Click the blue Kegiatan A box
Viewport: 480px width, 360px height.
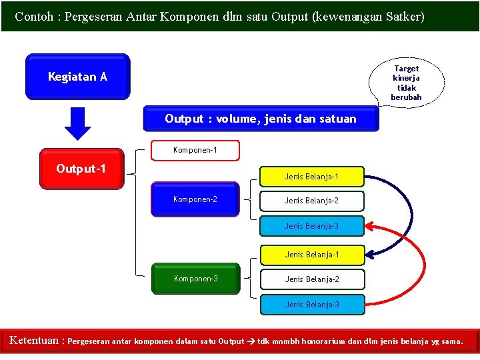click(77, 77)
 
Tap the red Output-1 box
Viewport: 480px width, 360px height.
click(81, 169)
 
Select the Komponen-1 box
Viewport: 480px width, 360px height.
click(195, 150)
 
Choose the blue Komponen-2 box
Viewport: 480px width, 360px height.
click(195, 199)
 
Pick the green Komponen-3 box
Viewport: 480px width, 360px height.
click(195, 279)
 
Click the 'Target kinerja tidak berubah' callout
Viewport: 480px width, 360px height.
click(406, 83)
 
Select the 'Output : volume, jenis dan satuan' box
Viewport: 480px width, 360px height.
click(261, 119)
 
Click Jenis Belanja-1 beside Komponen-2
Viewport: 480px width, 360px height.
click(311, 177)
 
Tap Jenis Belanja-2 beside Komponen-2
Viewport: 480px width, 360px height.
click(311, 201)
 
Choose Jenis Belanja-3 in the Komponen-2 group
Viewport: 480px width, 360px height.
click(311, 226)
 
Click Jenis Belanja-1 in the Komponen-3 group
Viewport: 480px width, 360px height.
click(311, 255)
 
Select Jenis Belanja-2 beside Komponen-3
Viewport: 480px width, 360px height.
click(311, 279)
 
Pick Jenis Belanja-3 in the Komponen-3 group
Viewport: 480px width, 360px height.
click(311, 305)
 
